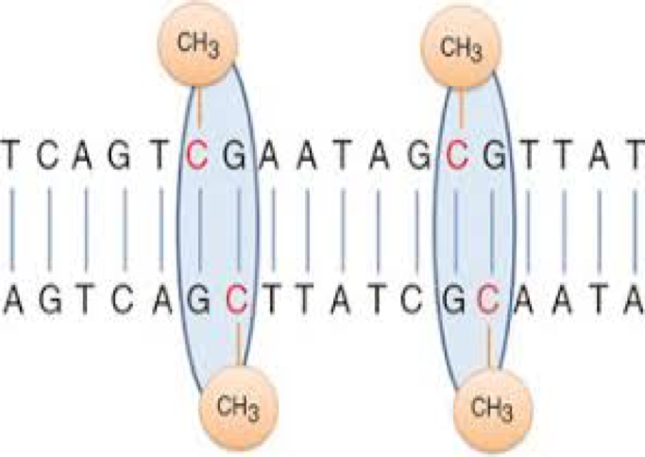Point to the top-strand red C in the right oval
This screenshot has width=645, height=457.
pyautogui.click(x=457, y=154)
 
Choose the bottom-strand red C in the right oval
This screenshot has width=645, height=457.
pyautogui.click(x=488, y=299)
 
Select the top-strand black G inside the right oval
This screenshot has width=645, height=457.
pyautogui.click(x=492, y=154)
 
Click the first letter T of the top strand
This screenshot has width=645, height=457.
pyautogui.click(x=12, y=154)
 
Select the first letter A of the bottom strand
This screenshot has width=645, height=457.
pyautogui.click(x=12, y=299)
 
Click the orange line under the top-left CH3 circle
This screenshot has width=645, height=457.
pyautogui.click(x=198, y=106)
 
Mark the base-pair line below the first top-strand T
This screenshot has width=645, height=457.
pyautogui.click(x=12, y=227)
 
